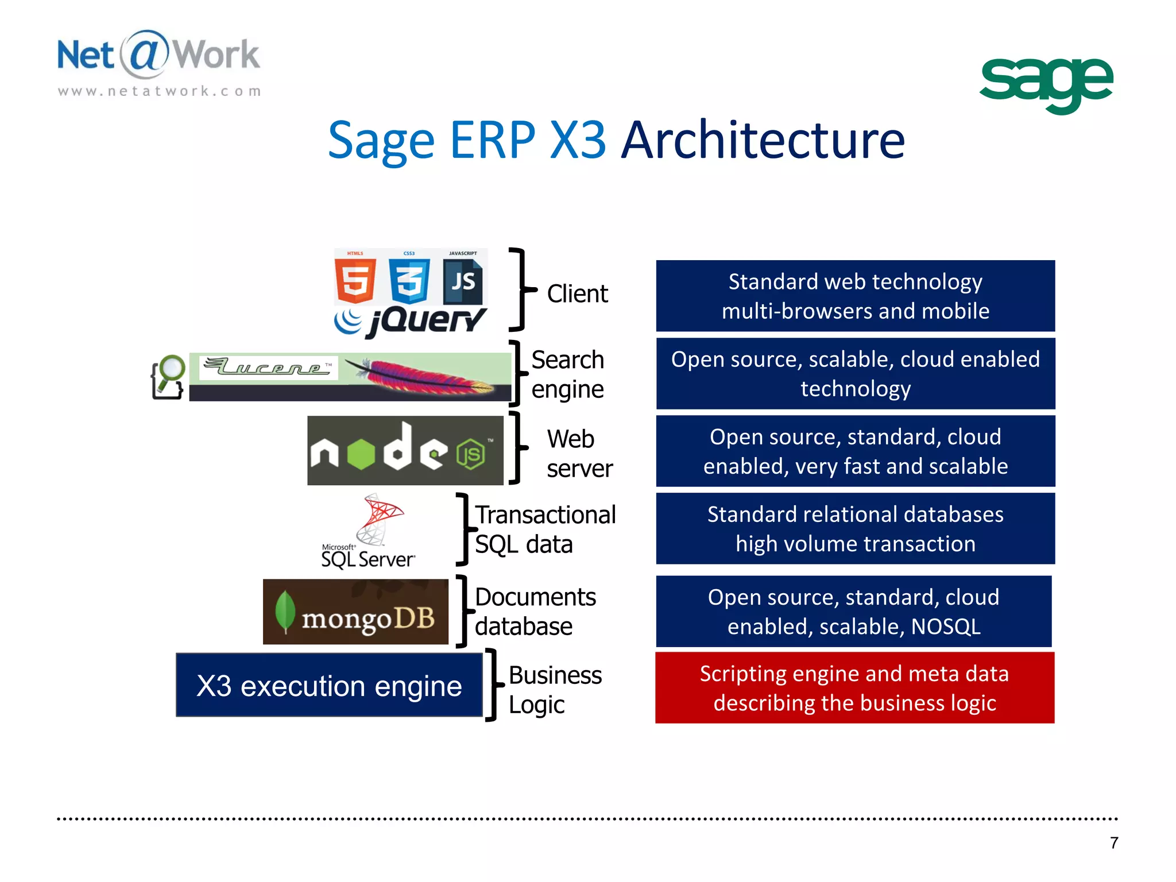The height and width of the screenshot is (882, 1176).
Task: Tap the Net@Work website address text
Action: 160,91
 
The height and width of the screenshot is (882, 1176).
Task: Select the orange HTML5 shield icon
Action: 355,281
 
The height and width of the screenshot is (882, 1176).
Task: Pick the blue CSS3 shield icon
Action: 409,281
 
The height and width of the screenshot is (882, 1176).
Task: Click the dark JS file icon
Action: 462,281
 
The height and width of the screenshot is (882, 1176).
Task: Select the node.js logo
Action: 405,451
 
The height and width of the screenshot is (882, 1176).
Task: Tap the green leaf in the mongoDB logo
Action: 285,612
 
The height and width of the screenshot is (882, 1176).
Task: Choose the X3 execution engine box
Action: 329,686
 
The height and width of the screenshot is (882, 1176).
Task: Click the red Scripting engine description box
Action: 854,688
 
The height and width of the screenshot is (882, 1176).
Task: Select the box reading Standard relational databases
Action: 855,529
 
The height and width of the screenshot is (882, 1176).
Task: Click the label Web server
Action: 579,454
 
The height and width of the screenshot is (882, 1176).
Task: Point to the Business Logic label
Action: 554,689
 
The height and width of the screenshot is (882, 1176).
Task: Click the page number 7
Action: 1113,842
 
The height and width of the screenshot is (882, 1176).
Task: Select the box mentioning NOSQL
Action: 853,612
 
